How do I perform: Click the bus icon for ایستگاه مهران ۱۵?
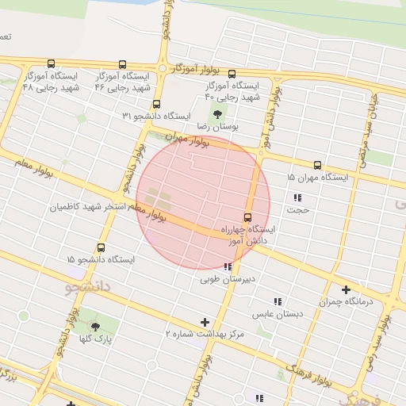317,166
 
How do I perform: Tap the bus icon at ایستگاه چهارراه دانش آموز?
247,217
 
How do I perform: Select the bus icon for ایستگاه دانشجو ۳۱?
156,104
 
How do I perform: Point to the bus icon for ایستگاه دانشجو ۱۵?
101,247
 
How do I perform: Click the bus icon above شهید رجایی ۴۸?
52,64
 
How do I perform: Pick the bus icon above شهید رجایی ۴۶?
121,64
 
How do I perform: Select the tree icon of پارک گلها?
96,327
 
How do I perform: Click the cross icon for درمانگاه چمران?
346,290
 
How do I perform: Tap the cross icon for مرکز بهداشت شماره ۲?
205,322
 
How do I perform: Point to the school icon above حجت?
297,197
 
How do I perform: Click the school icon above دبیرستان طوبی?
228,267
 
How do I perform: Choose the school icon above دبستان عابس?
278,301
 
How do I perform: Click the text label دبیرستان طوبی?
228,279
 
